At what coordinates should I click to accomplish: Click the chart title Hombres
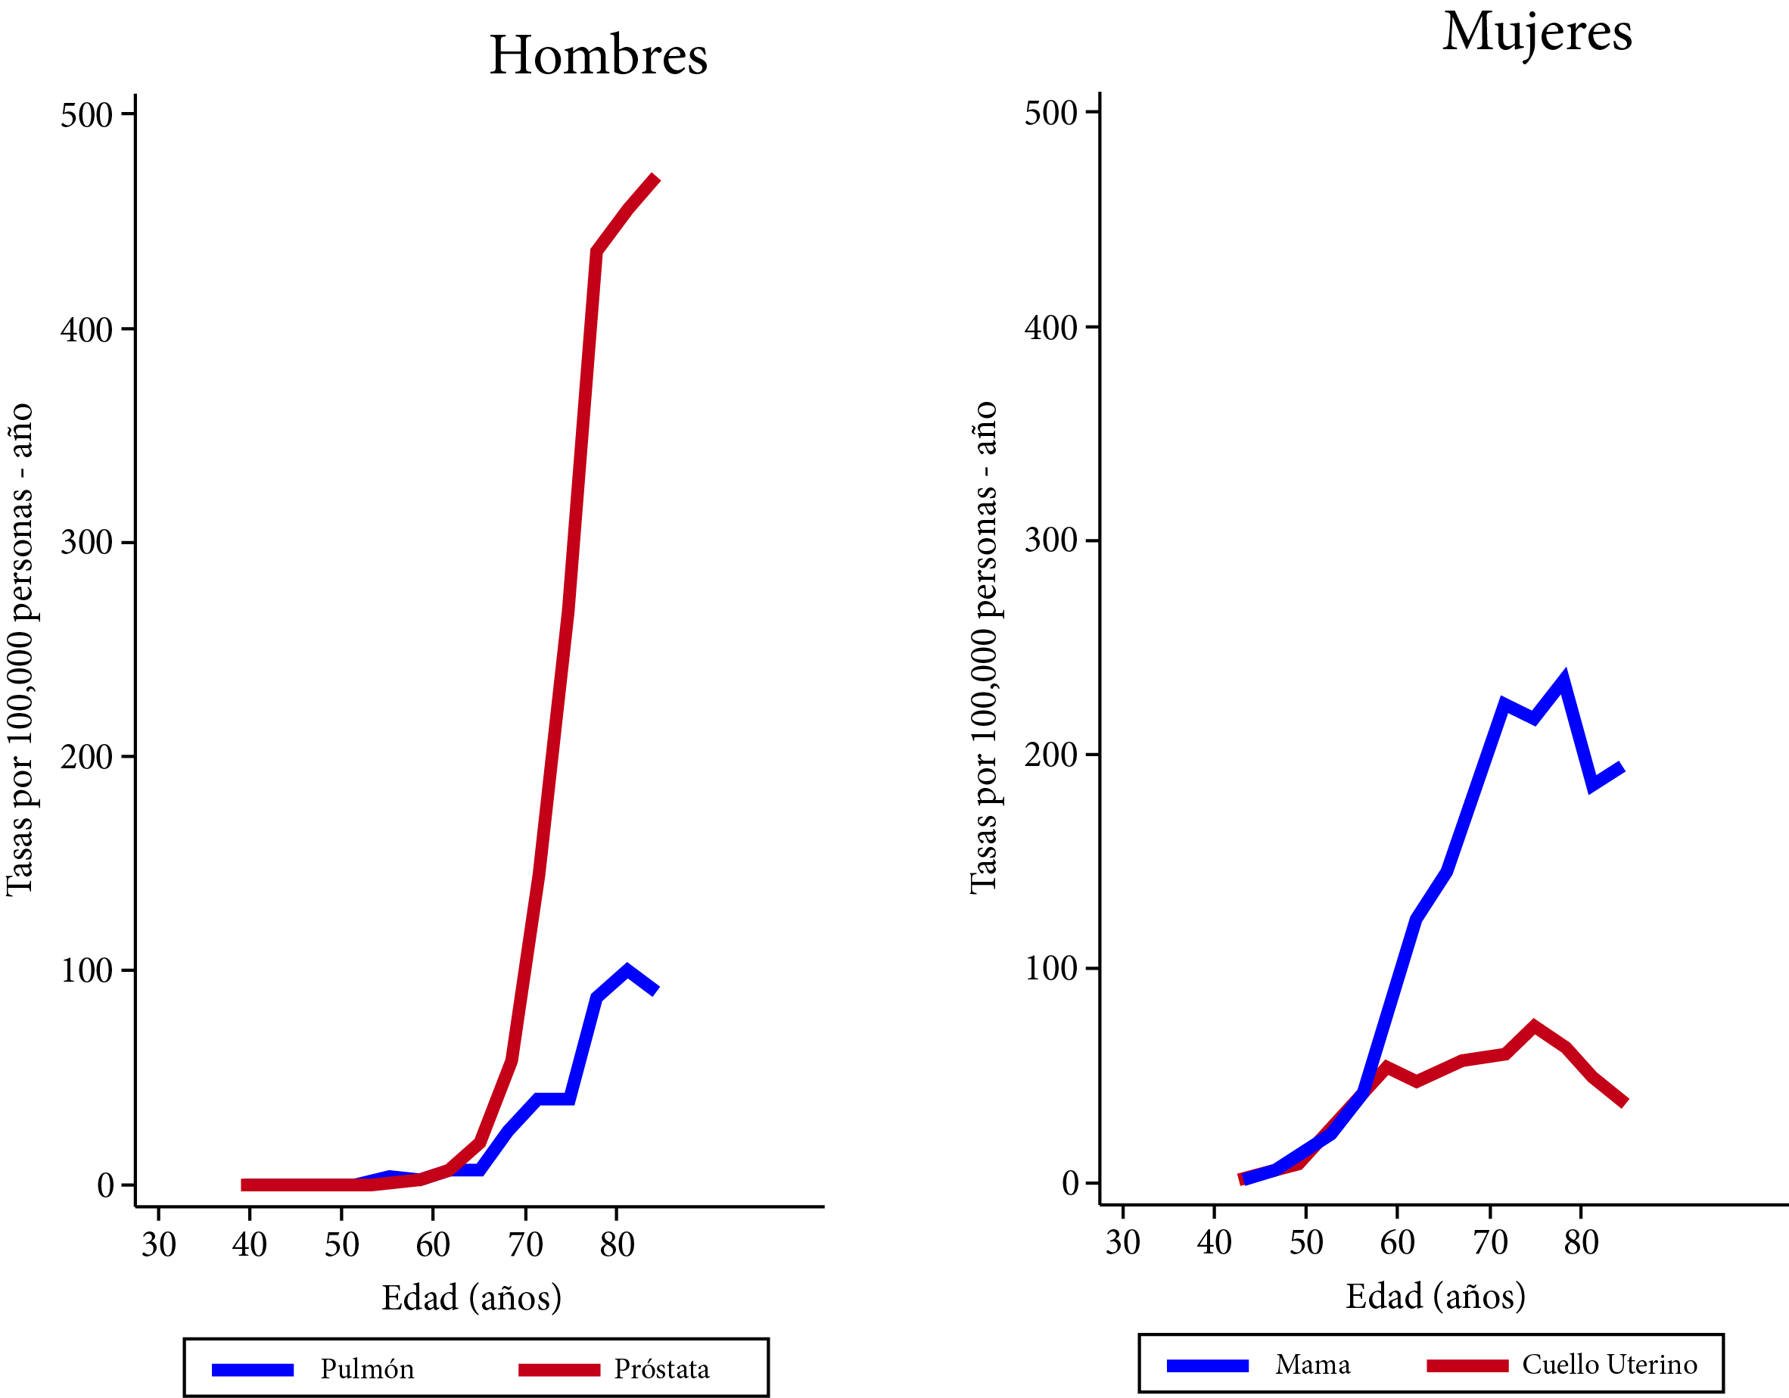(598, 56)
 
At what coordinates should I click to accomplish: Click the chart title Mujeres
(1537, 33)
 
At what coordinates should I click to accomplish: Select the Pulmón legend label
(367, 1369)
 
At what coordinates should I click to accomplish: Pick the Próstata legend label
(662, 1369)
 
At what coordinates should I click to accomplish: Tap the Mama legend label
(1312, 1365)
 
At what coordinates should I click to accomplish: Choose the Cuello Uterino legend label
(1610, 1365)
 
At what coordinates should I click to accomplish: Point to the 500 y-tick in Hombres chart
(86, 115)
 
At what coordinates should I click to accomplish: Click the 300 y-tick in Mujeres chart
(1050, 541)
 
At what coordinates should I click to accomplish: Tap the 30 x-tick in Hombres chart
(158, 1245)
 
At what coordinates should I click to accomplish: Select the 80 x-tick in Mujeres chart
(1581, 1243)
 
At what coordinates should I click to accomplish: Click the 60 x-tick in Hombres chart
(433, 1245)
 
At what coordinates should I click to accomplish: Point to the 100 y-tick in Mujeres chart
(1050, 969)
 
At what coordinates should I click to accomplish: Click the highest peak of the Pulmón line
(627, 971)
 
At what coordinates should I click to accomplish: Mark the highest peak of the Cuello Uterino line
(1533, 1026)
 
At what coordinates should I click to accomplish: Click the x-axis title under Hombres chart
(471, 1298)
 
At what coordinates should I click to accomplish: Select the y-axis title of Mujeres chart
(983, 647)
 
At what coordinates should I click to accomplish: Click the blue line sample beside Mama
(1207, 1366)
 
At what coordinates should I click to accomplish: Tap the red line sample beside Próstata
(558, 1370)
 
